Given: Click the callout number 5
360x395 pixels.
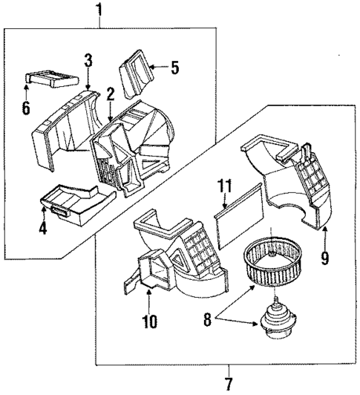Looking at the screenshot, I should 174,68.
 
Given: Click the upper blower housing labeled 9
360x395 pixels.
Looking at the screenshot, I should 289,178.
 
